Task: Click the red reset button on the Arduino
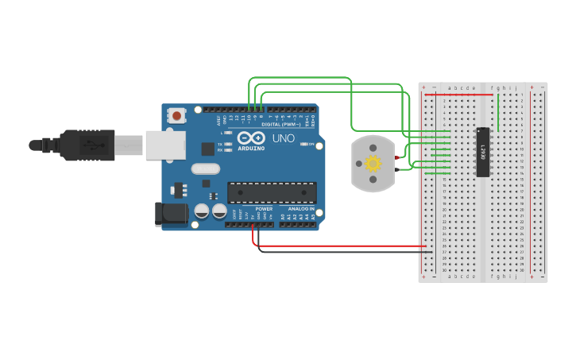[176, 116]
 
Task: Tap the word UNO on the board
[284, 138]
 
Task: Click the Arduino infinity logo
[251, 137]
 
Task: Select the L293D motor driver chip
[482, 152]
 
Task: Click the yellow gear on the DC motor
[373, 164]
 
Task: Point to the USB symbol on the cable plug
[95, 145]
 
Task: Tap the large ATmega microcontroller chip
[272, 192]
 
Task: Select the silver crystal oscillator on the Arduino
[205, 168]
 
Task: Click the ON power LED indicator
[303, 144]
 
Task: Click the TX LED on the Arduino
[228, 144]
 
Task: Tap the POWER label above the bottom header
[264, 209]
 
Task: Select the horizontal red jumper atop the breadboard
[458, 95]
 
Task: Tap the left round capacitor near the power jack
[202, 211]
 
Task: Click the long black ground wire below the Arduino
[342, 252]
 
